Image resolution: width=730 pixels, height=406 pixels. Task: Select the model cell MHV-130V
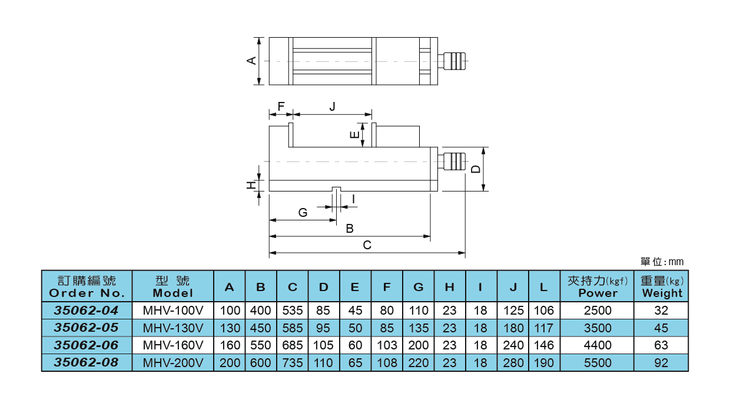(x=173, y=328)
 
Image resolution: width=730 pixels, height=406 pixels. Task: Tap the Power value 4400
(x=596, y=345)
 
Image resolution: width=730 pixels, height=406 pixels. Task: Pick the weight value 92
(x=661, y=363)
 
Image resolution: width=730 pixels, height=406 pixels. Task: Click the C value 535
(x=293, y=310)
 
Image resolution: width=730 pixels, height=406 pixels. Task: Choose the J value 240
(x=513, y=345)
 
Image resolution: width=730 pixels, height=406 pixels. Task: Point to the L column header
(x=544, y=287)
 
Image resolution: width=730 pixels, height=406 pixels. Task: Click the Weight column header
(x=662, y=287)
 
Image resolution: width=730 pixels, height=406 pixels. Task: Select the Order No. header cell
(x=87, y=287)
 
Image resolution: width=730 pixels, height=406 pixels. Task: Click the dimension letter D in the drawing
(x=476, y=169)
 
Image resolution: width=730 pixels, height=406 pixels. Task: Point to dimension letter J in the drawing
(x=333, y=106)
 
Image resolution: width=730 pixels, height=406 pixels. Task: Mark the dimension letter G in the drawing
(x=303, y=213)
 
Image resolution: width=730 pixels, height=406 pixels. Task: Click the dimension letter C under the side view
(x=367, y=245)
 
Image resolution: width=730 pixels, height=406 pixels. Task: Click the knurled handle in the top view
(x=456, y=61)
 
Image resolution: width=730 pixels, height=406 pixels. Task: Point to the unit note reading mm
(x=662, y=262)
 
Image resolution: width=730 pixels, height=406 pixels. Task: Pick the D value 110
(x=324, y=363)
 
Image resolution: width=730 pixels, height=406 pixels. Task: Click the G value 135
(x=419, y=328)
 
